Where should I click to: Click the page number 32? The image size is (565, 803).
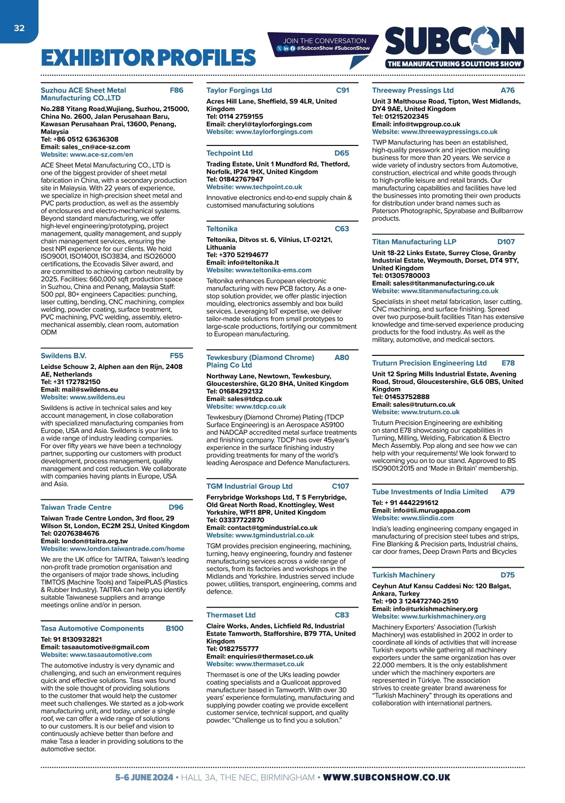click(x=19, y=28)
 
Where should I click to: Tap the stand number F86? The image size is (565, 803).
click(x=177, y=90)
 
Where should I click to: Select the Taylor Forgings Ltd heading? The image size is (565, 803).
click(x=239, y=90)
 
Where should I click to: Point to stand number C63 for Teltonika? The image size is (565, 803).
click(x=342, y=229)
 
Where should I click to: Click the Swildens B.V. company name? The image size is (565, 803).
click(x=64, y=356)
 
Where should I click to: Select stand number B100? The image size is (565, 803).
click(x=175, y=628)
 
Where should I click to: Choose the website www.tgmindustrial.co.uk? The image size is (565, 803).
click(x=274, y=535)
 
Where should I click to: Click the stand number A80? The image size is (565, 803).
click(x=342, y=358)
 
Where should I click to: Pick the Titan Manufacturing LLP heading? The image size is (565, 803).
click(x=414, y=242)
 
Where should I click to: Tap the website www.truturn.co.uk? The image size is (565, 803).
click(x=430, y=412)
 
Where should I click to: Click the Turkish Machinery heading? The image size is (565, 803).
click(x=404, y=575)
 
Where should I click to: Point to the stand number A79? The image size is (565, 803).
click(x=508, y=492)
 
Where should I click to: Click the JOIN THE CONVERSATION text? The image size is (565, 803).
click(x=324, y=41)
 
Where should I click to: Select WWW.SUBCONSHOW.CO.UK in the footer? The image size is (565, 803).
click(x=387, y=778)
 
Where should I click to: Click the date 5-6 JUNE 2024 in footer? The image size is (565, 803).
click(x=144, y=778)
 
